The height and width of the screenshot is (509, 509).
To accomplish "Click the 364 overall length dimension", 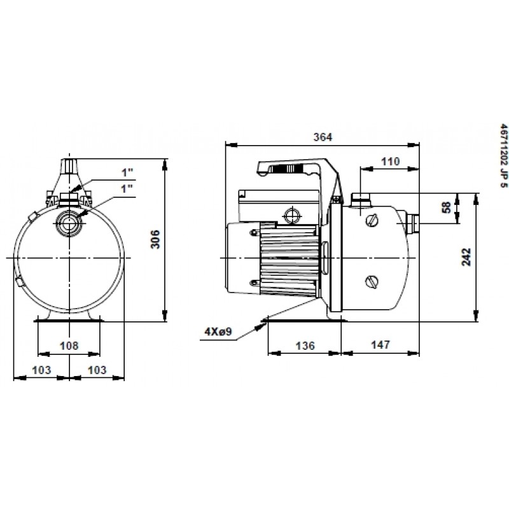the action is tap(323, 137).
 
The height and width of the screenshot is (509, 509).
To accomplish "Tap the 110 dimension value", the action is tap(390, 161).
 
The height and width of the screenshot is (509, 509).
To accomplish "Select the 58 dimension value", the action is tap(447, 207).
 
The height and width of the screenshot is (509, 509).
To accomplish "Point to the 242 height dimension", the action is tap(466, 257).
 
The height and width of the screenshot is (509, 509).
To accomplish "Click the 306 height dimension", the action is tap(156, 239).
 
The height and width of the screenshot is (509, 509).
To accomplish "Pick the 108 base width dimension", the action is tap(69, 345).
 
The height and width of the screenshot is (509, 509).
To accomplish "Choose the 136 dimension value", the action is tap(305, 345).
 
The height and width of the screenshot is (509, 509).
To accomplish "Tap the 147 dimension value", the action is tap(380, 344).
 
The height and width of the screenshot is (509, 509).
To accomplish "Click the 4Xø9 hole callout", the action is tap(218, 331).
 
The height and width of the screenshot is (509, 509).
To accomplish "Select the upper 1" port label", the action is tap(128, 172).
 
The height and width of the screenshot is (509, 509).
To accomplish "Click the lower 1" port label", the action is tap(128, 188).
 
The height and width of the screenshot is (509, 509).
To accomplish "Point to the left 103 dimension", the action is tap(41, 370).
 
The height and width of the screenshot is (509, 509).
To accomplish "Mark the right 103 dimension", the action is tap(97, 370).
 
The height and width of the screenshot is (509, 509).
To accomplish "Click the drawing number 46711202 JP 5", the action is tap(503, 157).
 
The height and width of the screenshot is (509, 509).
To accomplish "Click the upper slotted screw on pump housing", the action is tap(372, 221).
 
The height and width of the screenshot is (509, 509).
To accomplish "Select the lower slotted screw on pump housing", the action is tap(372, 281).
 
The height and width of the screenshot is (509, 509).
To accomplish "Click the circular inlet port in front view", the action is tap(69, 223).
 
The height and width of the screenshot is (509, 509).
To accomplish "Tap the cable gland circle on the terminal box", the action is tap(292, 214).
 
